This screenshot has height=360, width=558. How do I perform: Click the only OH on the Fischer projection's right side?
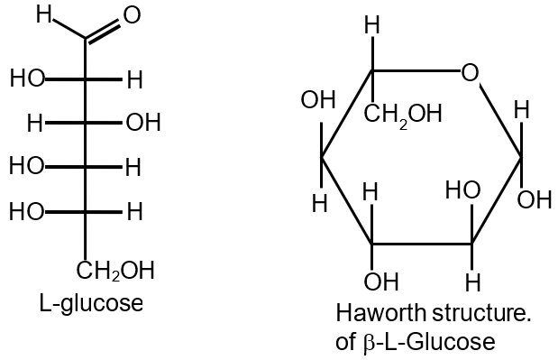pyautogui.click(x=142, y=122)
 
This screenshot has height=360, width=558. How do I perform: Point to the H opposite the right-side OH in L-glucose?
pyautogui.click(x=36, y=122)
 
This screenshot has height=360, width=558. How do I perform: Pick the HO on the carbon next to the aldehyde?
pyautogui.click(x=27, y=78)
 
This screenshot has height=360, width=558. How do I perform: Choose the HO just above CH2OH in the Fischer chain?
pyautogui.click(x=27, y=211)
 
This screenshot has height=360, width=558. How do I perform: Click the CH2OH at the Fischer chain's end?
pyautogui.click(x=114, y=271)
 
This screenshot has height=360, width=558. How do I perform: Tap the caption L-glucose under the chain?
pyautogui.click(x=91, y=303)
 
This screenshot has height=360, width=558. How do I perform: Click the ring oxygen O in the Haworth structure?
pyautogui.click(x=469, y=70)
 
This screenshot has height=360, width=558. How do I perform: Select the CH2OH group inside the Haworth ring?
pyautogui.click(x=403, y=115)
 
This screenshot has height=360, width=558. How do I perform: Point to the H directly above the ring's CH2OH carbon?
pyautogui.click(x=370, y=27)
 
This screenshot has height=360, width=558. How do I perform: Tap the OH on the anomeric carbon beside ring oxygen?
pyautogui.click(x=535, y=199)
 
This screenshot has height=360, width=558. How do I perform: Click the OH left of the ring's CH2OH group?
pyautogui.click(x=318, y=99)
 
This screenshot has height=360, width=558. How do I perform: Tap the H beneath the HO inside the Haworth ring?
pyautogui.click(x=470, y=280)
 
